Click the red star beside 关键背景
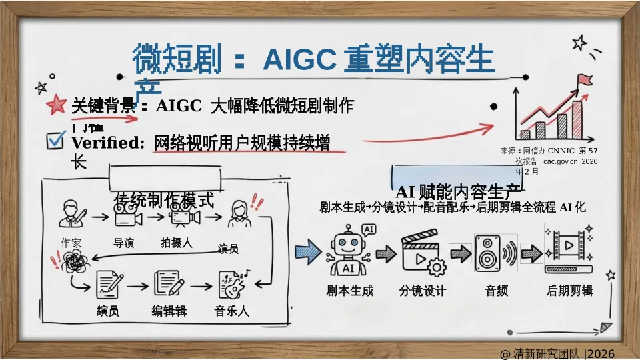[56, 105]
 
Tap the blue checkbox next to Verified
[56, 140]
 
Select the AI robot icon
[347, 250]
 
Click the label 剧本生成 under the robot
[349, 291]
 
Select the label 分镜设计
[422, 291]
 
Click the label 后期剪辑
[569, 291]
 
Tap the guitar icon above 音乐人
[233, 285]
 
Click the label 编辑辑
[169, 311]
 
